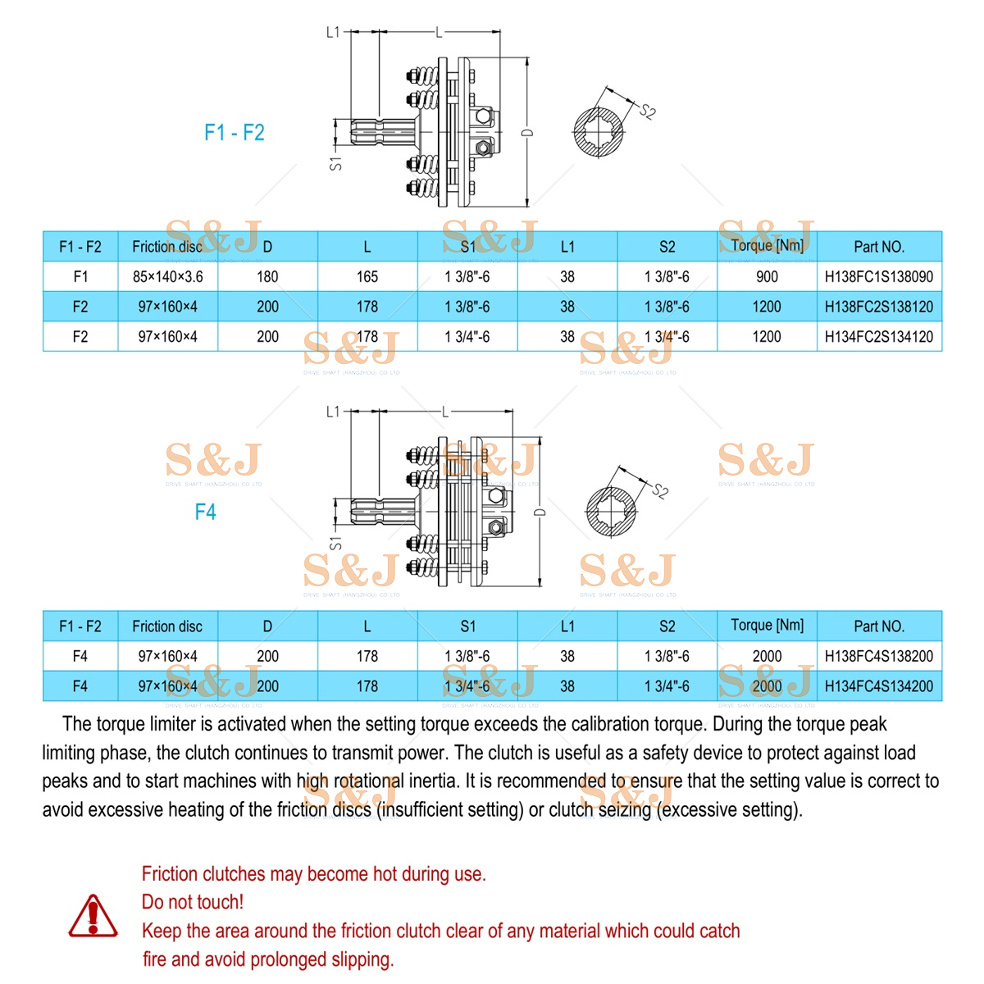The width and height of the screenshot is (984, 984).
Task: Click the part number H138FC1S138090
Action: click(878, 277)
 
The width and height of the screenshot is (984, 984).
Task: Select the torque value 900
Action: click(767, 277)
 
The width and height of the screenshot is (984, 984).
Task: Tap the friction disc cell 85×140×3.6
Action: click(167, 277)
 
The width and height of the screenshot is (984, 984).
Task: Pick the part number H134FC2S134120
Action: click(878, 337)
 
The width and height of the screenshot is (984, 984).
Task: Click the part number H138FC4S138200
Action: click(878, 657)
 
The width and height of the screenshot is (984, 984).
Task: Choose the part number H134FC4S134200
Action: click(878, 686)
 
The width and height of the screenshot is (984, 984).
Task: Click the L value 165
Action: click(367, 277)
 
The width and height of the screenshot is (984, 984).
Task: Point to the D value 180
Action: click(267, 277)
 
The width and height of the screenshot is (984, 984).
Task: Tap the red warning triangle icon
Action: click(93, 916)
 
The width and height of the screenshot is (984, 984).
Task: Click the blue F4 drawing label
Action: click(205, 512)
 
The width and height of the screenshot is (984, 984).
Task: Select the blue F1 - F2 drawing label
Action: click(235, 133)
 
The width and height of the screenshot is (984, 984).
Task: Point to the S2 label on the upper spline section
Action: click(648, 112)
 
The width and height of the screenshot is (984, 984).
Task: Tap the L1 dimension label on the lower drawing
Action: click(333, 412)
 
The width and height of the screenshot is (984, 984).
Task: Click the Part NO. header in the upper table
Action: click(878, 247)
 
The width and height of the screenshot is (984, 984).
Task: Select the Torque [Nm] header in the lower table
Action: click(767, 626)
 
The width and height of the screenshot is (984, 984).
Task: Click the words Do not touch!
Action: click(193, 902)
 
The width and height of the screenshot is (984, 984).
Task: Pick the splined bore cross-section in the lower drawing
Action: click(612, 512)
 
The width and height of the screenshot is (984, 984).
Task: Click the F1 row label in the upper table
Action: click(80, 277)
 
